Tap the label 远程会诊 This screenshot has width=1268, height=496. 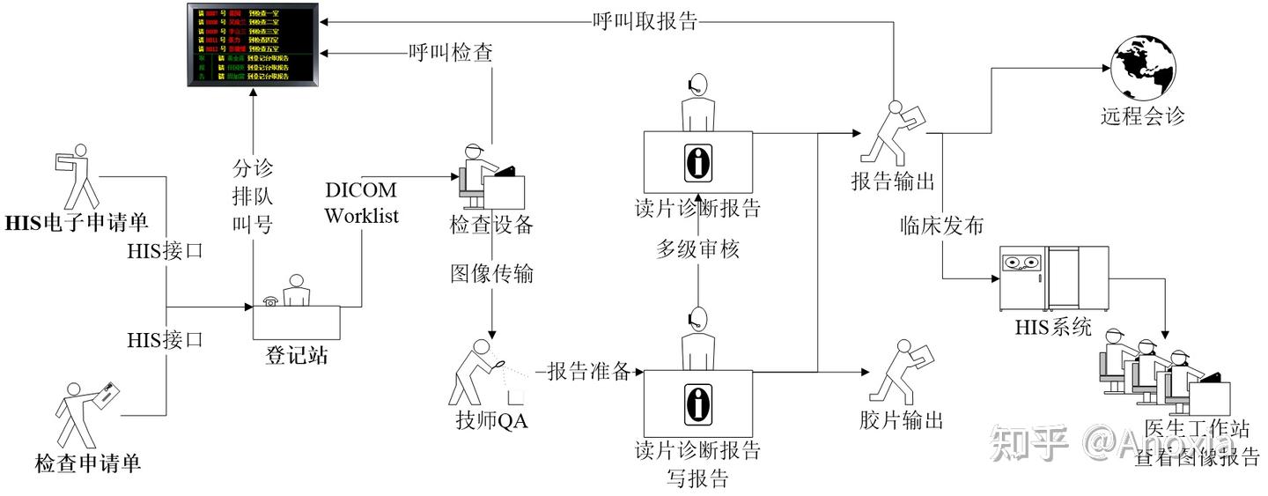pyautogui.click(x=1142, y=116)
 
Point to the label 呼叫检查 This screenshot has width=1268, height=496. pyautogui.click(x=450, y=54)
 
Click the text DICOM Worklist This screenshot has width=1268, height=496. pyautogui.click(x=361, y=203)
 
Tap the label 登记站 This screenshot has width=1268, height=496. pyautogui.click(x=297, y=355)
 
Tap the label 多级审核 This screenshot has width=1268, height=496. pyautogui.click(x=697, y=249)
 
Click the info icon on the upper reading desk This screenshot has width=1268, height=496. pyautogui.click(x=697, y=161)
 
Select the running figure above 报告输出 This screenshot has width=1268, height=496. pyautogui.click(x=891, y=132)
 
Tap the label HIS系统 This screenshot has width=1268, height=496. pyautogui.click(x=1053, y=329)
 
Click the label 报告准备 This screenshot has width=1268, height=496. pyautogui.click(x=589, y=371)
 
